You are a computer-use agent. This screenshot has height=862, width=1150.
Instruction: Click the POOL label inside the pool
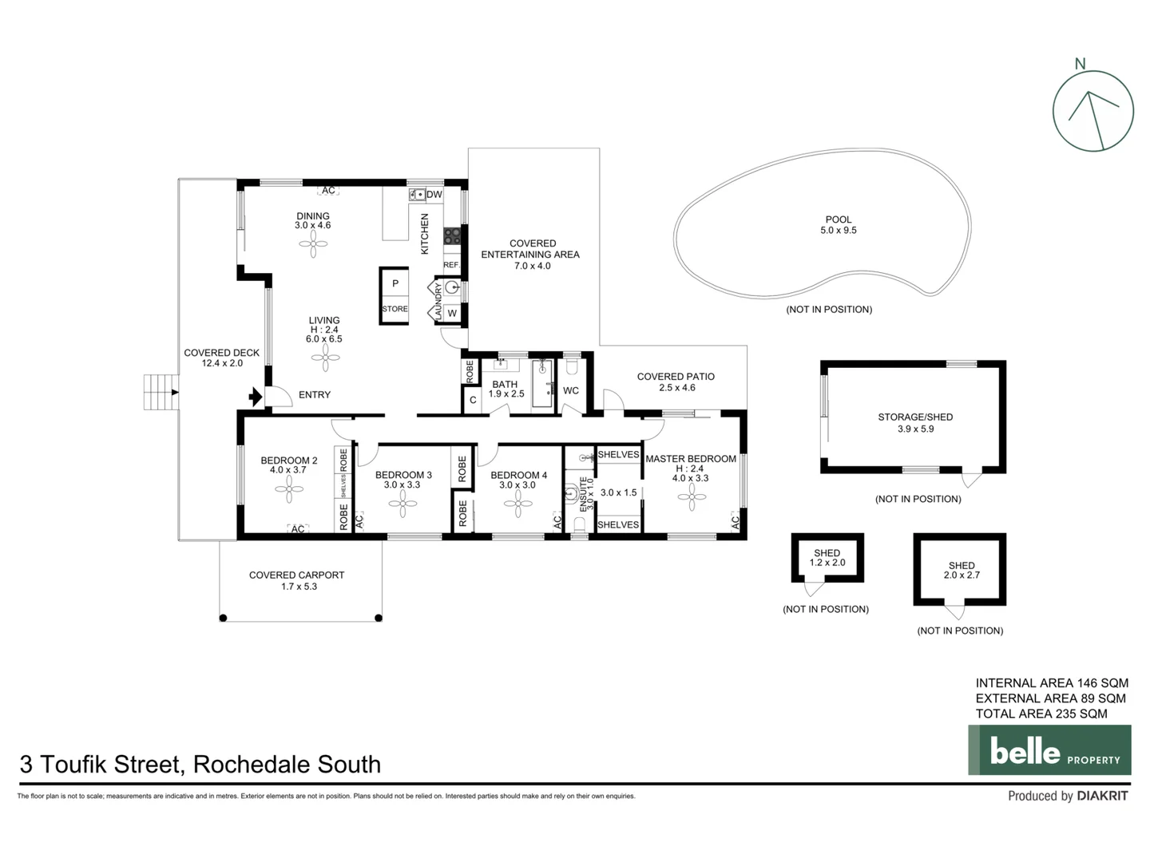coord(838,219)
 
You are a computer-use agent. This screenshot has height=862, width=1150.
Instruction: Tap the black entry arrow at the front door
coord(256,396)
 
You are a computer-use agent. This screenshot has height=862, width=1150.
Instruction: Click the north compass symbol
coord(1092,111)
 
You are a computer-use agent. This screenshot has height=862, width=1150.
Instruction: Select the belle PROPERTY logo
coord(1049,750)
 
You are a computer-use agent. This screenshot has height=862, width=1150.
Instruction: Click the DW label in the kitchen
coord(434,195)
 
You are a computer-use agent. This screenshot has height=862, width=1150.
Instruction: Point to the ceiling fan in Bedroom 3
coord(402,503)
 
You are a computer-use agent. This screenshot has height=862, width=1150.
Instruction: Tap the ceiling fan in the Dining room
coord(313,246)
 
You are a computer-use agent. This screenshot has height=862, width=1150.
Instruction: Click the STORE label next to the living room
coord(395,309)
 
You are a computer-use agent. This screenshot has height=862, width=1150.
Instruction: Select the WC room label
coord(571,390)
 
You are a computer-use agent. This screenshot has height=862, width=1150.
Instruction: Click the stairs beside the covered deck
coord(161,392)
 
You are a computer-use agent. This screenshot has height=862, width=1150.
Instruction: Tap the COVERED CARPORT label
coord(296,575)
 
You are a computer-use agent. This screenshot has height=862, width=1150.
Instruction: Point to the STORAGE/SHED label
coord(915,417)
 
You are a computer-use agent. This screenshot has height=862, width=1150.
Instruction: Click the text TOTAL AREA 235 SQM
coord(1041,714)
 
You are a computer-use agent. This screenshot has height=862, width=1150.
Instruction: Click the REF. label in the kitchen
coord(451,265)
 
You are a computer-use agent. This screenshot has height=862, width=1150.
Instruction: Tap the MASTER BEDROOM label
coord(691,459)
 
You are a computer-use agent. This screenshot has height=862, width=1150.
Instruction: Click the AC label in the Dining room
coord(328,191)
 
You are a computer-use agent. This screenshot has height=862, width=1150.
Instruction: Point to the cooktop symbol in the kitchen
coord(452,236)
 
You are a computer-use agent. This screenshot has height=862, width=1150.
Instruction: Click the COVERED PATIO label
coord(676,377)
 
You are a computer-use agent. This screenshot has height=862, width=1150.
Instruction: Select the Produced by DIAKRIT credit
coord(1068,796)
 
